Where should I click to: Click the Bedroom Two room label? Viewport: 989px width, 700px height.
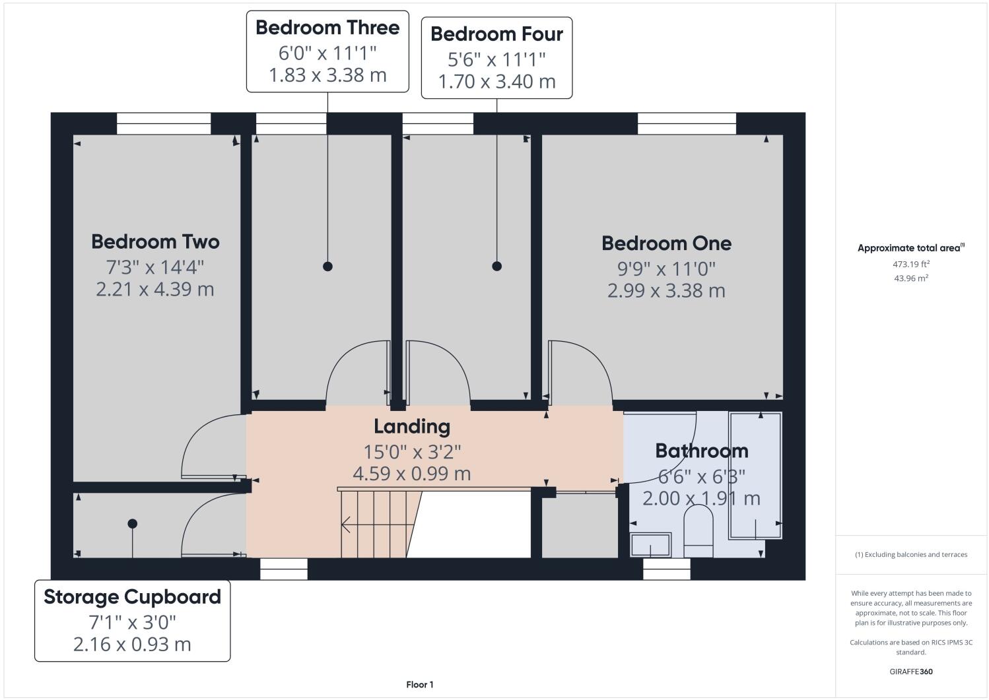click(155, 241)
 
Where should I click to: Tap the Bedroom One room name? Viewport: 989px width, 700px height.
click(666, 243)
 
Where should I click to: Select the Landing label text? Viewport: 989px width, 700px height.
click(412, 427)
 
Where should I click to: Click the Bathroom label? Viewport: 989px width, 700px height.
click(701, 451)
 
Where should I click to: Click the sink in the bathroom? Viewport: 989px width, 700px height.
click(650, 545)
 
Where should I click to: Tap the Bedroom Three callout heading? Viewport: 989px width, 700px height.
click(327, 28)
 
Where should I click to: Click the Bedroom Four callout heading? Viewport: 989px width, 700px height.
click(496, 34)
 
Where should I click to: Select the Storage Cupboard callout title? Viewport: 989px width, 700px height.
click(132, 597)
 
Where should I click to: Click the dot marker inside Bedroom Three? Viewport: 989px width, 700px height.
click(327, 267)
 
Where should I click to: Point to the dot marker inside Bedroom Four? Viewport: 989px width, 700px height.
click(496, 267)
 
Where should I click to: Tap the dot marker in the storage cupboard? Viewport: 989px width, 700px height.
click(133, 524)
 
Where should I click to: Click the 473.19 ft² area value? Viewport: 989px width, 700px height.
click(911, 265)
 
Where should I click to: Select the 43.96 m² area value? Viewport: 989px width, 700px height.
click(911, 278)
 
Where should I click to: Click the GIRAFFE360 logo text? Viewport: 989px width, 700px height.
click(911, 672)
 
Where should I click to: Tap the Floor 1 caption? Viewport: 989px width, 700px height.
click(420, 685)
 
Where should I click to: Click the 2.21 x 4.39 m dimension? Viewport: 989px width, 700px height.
click(155, 290)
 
